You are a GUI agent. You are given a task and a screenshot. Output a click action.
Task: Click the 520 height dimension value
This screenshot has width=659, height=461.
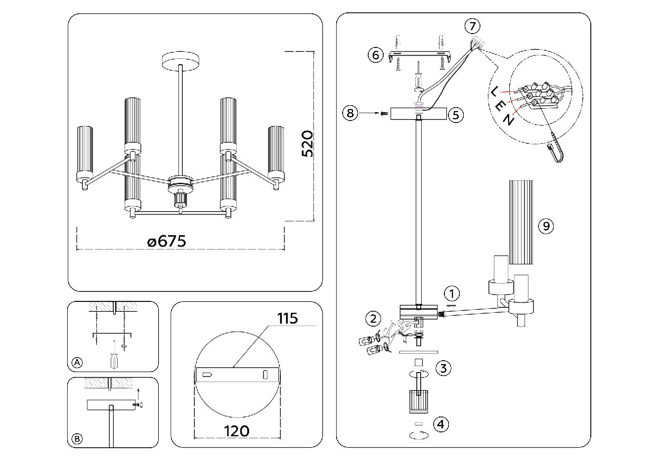[x=308, y=143]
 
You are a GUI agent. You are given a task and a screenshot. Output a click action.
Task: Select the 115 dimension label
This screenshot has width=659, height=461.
[x=287, y=318]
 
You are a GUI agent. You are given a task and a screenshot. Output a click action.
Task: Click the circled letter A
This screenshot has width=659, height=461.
[x=77, y=363]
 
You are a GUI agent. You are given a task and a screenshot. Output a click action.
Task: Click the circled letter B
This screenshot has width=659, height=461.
[x=77, y=439]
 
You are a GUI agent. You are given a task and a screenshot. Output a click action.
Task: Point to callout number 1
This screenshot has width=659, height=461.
[x=451, y=293]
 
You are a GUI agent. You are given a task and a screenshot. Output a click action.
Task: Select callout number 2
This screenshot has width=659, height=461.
[x=373, y=318]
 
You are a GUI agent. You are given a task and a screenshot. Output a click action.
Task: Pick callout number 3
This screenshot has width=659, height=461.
[x=443, y=368]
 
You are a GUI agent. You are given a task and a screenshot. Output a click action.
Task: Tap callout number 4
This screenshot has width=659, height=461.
[x=441, y=424]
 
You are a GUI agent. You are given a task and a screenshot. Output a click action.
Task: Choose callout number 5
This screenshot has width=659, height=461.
[x=455, y=115]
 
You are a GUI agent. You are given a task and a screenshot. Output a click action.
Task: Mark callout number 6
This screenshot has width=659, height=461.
[x=376, y=54]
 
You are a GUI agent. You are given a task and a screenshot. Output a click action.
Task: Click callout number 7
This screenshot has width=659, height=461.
[x=473, y=26]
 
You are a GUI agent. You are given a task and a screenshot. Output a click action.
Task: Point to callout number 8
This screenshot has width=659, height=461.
[x=350, y=113]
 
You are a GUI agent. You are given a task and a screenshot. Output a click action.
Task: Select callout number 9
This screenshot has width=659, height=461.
[x=546, y=226]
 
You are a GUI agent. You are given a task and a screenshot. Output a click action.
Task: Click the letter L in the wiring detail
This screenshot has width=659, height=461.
[x=494, y=90]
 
